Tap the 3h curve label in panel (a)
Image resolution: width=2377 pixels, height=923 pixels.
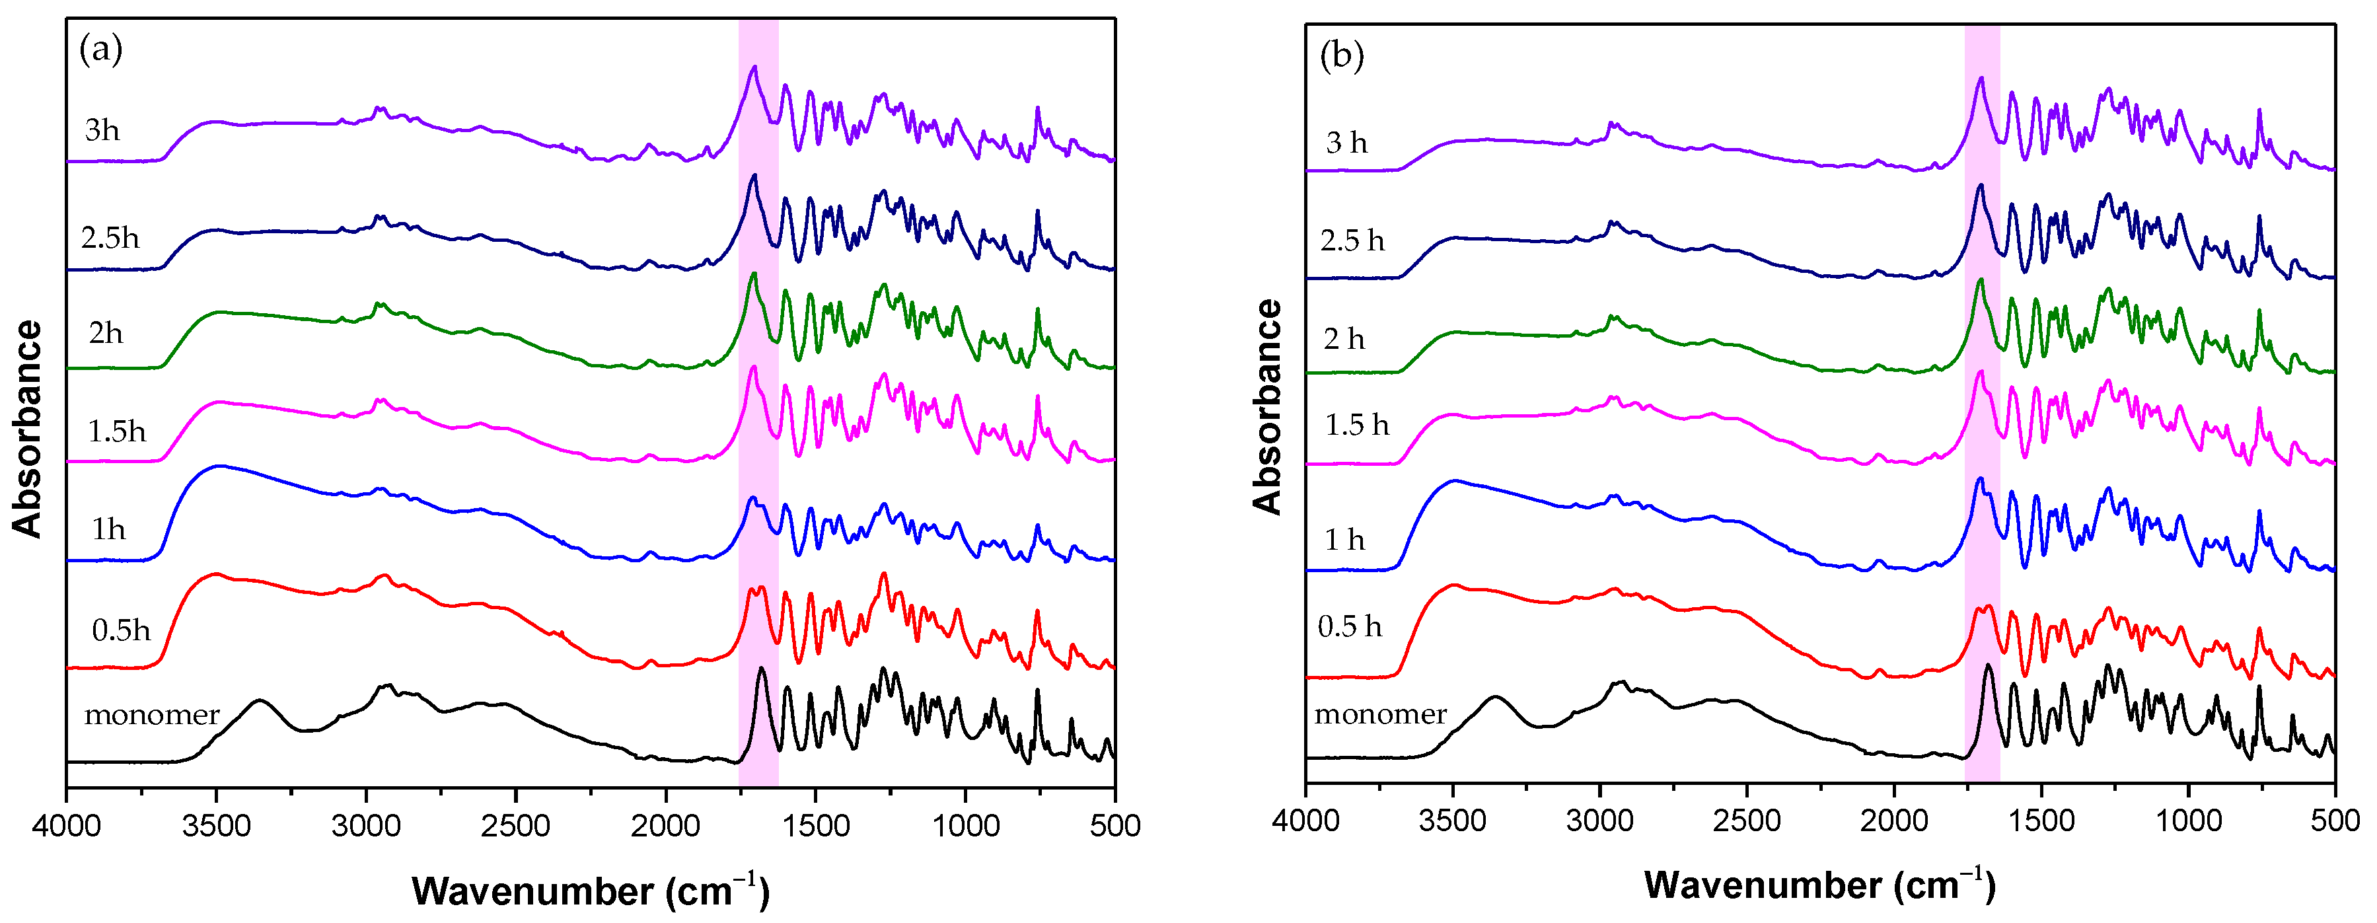(102, 130)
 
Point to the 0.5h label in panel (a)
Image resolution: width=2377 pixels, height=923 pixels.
(121, 630)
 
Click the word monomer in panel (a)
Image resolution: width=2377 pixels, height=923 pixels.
(151, 714)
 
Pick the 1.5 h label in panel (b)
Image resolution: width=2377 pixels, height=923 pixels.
(1356, 425)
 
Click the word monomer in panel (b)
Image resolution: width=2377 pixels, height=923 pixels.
(1381, 714)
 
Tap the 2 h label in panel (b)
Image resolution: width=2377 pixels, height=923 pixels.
(1344, 339)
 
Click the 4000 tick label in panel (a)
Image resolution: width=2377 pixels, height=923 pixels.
(67, 825)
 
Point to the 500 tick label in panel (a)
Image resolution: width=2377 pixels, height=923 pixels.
(1115, 825)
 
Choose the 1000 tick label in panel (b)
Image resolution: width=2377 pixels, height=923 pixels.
(2189, 821)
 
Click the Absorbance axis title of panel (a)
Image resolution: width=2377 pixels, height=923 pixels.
(28, 429)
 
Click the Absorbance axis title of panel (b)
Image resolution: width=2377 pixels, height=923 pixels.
(1268, 406)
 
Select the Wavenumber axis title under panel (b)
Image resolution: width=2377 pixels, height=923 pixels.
(1819, 885)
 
